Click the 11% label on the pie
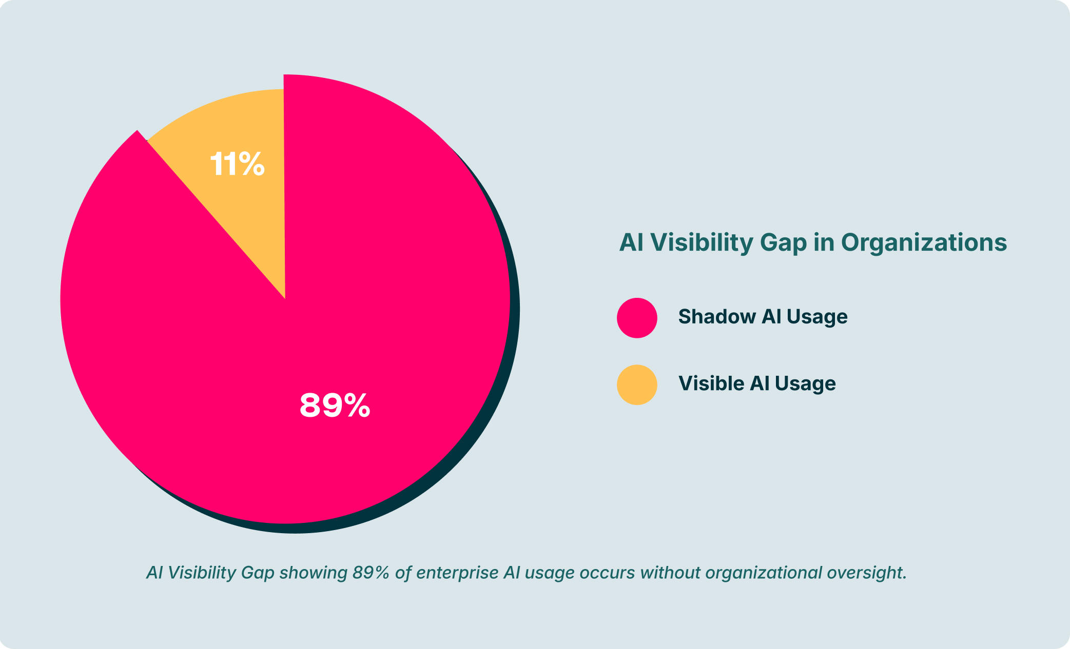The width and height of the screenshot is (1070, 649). click(x=237, y=165)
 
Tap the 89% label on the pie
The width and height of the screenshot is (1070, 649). click(x=335, y=405)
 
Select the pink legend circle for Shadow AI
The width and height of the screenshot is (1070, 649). click(x=637, y=318)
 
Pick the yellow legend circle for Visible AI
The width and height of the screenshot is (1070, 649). click(x=637, y=384)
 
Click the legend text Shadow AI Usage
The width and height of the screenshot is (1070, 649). click(x=763, y=317)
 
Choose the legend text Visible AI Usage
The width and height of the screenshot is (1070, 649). click(x=757, y=383)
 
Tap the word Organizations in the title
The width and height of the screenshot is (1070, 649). click(x=924, y=242)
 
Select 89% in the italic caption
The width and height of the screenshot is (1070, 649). click(x=371, y=573)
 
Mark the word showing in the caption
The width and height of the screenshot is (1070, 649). click(x=313, y=573)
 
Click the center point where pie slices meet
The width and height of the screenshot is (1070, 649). click(x=285, y=298)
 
